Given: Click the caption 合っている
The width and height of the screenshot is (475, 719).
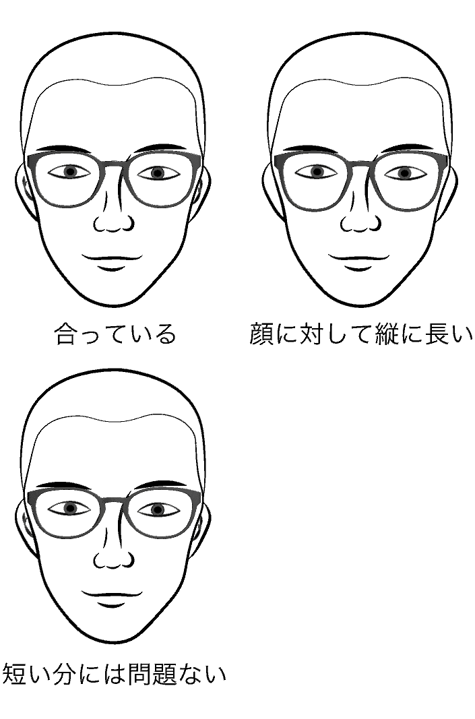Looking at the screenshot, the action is click(x=115, y=334).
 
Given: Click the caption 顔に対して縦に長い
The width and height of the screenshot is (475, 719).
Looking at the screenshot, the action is click(x=361, y=334).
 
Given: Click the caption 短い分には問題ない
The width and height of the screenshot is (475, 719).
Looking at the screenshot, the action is click(x=114, y=674).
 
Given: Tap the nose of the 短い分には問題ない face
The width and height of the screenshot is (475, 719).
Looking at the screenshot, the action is click(x=114, y=553).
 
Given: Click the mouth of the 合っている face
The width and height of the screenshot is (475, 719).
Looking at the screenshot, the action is click(x=113, y=262).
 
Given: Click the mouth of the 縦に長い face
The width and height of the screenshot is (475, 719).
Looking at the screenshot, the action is click(x=359, y=262).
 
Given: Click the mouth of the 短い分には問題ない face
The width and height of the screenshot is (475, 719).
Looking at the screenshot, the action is click(x=113, y=599).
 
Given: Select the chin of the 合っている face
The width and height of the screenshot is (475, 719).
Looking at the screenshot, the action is click(x=113, y=298).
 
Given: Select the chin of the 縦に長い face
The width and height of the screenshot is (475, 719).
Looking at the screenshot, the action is click(x=359, y=298).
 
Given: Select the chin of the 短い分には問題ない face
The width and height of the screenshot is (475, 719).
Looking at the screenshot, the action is click(x=113, y=635).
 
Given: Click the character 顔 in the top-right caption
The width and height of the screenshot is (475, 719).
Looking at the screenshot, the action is click(x=261, y=334).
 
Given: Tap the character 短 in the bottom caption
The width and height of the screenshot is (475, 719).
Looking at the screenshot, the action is click(x=13, y=674).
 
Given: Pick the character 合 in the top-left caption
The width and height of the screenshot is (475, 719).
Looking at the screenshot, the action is click(x=66, y=334).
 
